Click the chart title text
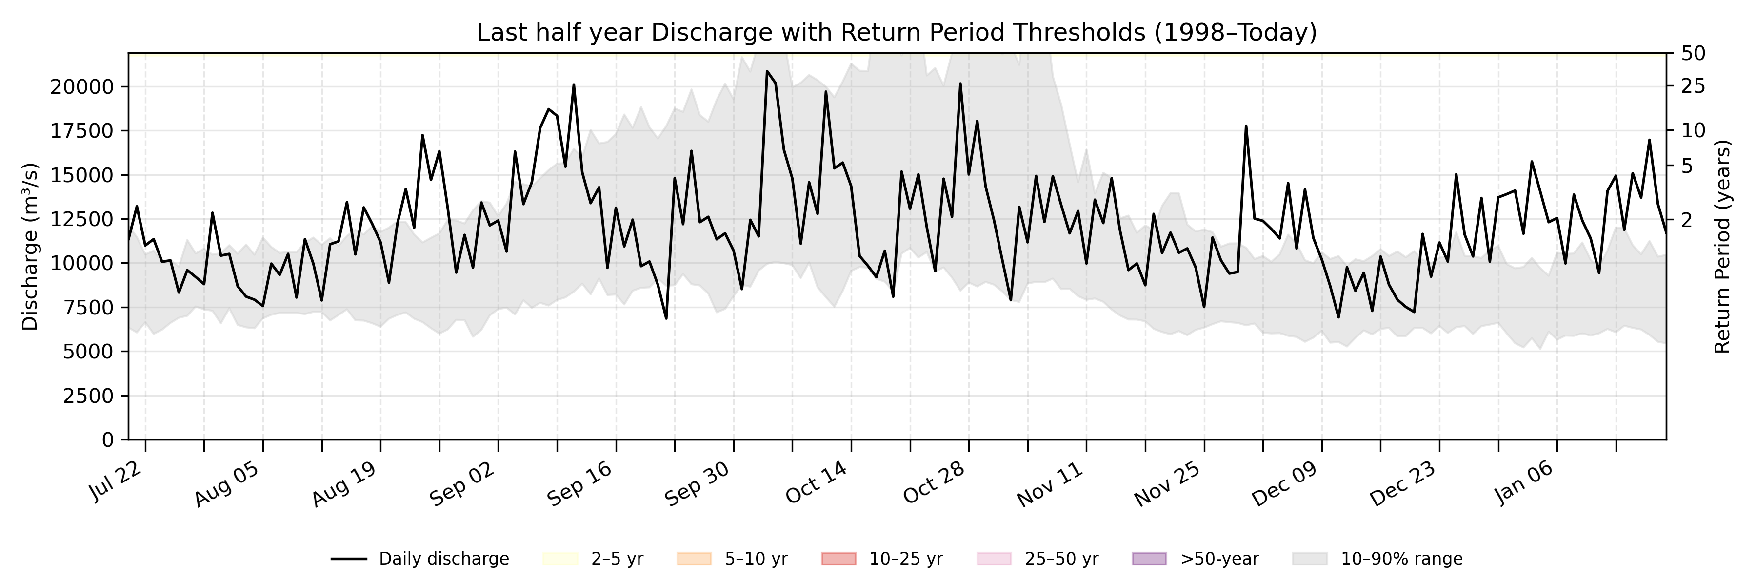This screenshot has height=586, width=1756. (x=897, y=32)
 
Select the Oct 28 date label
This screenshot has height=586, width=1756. (x=934, y=483)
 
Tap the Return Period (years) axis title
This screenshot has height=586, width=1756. (x=1723, y=246)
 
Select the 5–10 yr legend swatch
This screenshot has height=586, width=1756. (x=694, y=559)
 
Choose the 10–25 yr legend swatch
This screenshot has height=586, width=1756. (x=838, y=559)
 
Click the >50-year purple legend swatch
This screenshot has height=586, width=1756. (x=1149, y=559)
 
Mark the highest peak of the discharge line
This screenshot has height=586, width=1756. (x=767, y=71)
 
